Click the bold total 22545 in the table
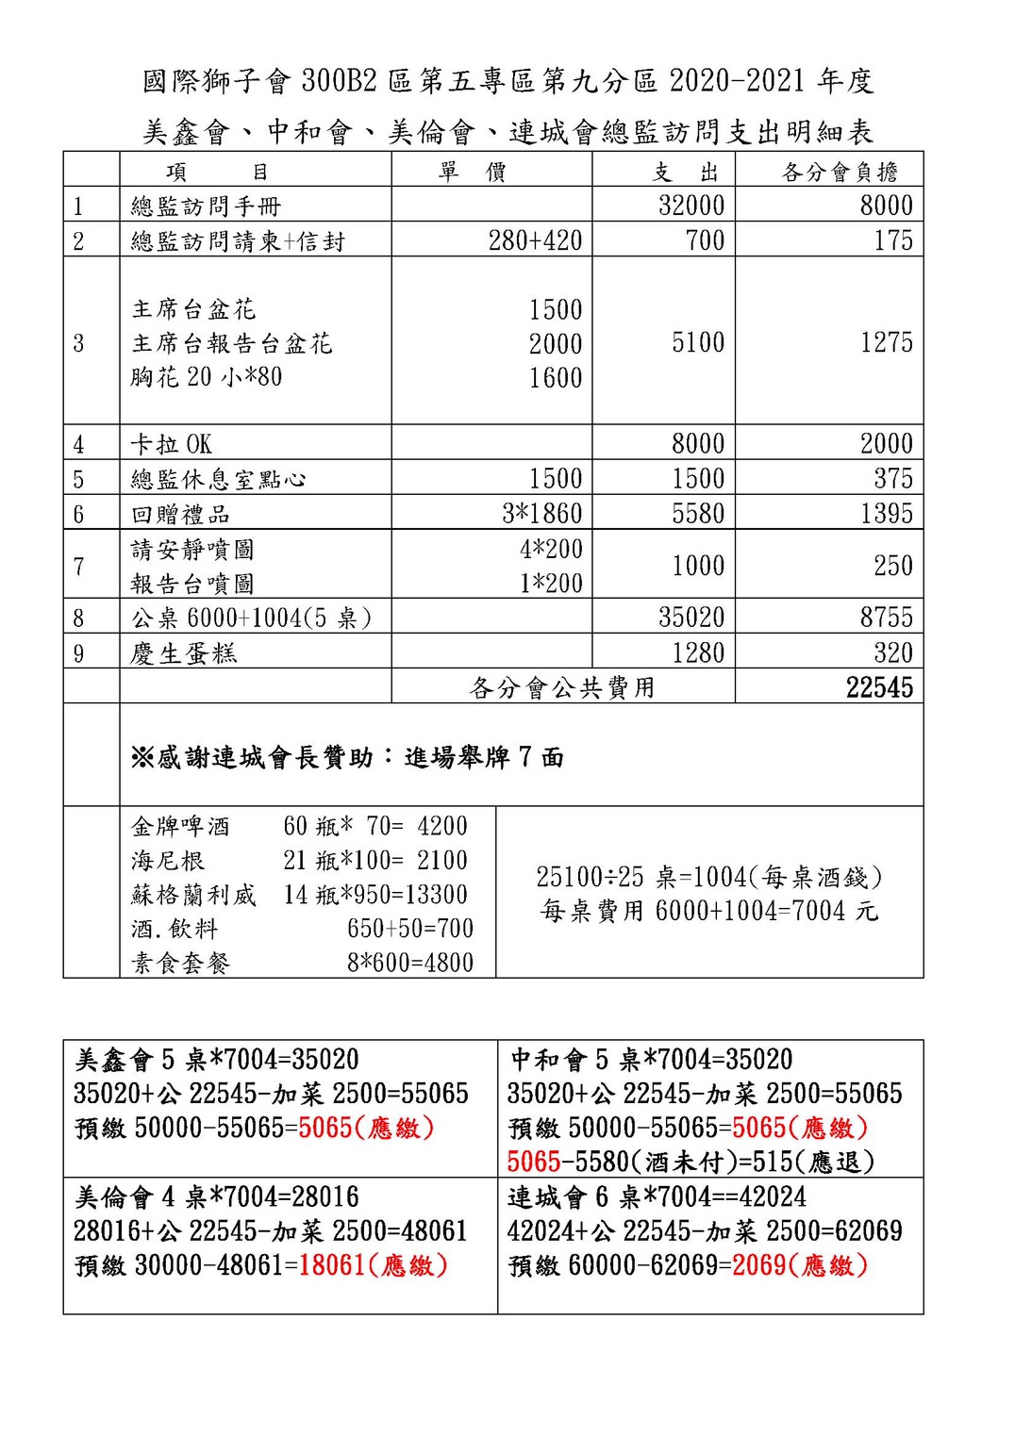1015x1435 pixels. [878, 687]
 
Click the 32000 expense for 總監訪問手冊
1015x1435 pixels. [691, 206]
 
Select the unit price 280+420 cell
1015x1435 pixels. [535, 240]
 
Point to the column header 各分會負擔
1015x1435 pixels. [840, 172]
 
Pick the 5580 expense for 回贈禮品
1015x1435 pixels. [697, 514]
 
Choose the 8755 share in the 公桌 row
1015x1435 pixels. [886, 618]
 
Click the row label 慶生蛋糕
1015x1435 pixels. [184, 653]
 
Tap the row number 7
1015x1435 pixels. [79, 566]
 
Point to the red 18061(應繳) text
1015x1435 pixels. [373, 1265]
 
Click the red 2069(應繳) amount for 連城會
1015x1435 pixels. [799, 1265]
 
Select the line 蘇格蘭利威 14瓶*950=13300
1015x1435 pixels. [299, 895]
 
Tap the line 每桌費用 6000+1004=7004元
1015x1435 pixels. [708, 911]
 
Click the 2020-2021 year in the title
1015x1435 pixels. [739, 81]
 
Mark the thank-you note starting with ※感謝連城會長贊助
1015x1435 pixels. [347, 757]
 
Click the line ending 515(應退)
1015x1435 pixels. [691, 1162]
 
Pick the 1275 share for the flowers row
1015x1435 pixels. [886, 342]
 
